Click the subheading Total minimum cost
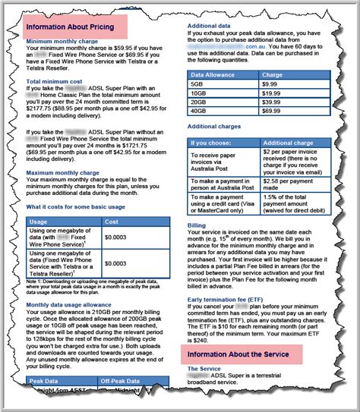[x=55, y=80]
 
